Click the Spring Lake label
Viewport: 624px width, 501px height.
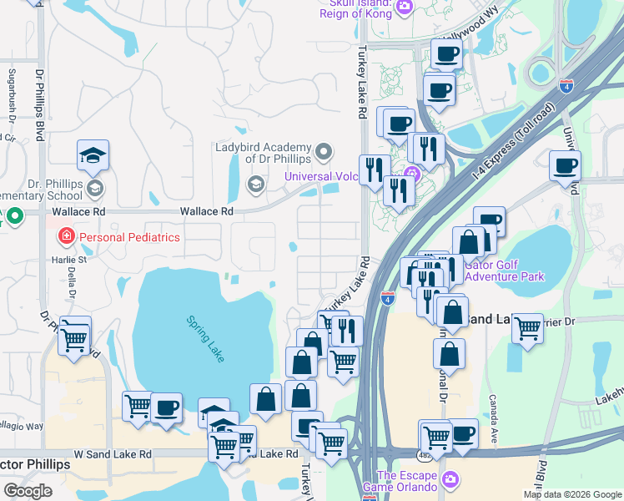(204, 337)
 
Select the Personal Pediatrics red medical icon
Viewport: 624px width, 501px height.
(65, 237)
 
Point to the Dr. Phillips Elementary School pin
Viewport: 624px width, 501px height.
(94, 188)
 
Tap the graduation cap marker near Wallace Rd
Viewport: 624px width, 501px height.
(93, 155)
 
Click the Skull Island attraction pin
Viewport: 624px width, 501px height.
(404, 8)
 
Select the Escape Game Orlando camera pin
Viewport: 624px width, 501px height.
(450, 480)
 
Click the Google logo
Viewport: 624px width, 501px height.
(28, 491)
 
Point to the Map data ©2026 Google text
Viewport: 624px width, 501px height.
(571, 494)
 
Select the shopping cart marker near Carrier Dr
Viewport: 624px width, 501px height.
(527, 329)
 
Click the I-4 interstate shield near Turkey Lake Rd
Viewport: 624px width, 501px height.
(388, 296)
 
